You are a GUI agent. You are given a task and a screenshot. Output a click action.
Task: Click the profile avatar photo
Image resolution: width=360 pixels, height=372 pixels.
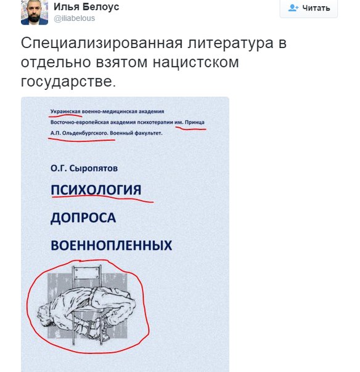35,12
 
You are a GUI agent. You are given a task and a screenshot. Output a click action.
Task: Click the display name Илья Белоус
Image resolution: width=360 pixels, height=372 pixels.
86,7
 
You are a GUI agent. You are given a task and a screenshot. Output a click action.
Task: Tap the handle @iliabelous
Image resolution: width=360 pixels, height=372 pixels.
75,18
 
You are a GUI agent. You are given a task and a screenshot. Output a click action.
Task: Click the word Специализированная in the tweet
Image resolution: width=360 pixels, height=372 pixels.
102,43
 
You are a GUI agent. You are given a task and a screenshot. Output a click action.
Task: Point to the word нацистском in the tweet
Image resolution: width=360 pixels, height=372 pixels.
195,62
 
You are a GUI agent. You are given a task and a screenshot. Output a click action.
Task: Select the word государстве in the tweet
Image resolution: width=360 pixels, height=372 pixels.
68,82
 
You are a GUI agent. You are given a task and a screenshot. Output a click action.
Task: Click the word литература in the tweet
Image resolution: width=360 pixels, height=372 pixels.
231,43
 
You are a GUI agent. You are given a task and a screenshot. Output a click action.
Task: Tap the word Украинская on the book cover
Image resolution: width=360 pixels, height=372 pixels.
65,111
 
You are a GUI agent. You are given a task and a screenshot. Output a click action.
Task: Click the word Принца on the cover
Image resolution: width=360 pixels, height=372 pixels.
194,122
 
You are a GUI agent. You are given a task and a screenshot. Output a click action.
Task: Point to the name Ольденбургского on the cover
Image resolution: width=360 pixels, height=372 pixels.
85,133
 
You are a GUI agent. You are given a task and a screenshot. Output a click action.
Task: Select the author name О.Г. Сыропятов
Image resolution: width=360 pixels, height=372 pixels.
84,168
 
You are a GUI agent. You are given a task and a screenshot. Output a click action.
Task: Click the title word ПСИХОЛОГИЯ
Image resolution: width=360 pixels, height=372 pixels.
96,190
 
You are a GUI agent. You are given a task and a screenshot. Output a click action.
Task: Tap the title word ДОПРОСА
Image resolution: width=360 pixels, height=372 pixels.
83,217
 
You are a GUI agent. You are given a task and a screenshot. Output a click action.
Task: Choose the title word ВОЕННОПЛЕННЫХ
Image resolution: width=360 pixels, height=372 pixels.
112,245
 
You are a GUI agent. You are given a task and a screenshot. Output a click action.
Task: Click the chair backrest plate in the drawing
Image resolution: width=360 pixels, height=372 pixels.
86,273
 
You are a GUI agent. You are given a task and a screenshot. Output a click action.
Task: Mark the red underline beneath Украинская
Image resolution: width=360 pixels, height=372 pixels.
65,116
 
